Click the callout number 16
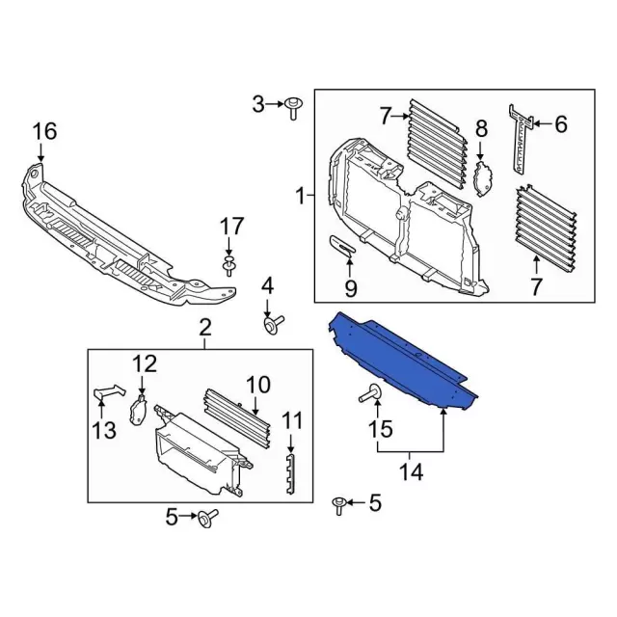pos(44,131)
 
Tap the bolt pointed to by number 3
pos(292,108)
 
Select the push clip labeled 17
pos(228,266)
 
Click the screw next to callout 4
pos(274,324)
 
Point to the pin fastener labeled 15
pos(370,393)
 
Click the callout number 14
pos(412,471)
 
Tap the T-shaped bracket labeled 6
pos(522,139)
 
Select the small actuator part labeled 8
pos(483,178)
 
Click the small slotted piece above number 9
pos(342,245)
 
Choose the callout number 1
pos(301,196)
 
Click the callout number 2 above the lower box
pos(205,327)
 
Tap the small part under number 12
pos(137,411)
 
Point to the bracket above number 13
pos(109,391)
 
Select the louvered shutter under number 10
pos(237,417)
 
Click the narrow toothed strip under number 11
pos(290,473)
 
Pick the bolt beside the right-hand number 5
pos(338,505)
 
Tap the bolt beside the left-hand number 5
pos(208,519)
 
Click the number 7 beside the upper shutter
pos(386,116)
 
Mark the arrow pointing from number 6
pos(542,124)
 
